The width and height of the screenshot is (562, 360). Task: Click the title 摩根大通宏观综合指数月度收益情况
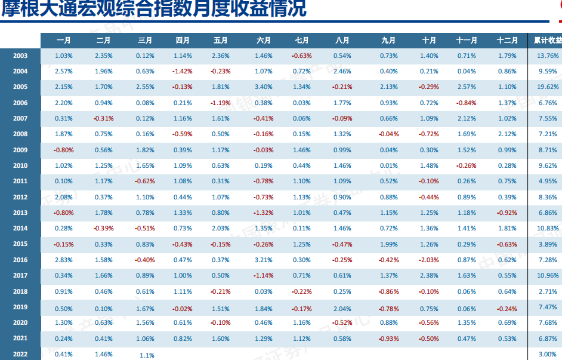(x=153, y=10)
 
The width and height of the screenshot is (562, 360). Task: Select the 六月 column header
(x=263, y=41)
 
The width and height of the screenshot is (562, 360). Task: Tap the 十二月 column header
(x=507, y=41)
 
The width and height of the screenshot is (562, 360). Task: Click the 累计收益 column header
(x=547, y=41)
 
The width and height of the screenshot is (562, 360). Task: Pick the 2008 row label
(x=20, y=134)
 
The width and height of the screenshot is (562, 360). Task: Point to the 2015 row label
(x=20, y=244)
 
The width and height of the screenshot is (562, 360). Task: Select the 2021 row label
(x=20, y=339)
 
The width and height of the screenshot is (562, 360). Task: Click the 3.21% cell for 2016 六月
(x=263, y=260)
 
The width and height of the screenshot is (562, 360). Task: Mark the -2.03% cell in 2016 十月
(x=428, y=260)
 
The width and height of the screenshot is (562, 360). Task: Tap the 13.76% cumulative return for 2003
(x=548, y=56)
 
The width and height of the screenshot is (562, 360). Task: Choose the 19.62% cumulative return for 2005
(x=548, y=87)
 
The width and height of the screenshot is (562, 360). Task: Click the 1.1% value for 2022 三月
(x=147, y=355)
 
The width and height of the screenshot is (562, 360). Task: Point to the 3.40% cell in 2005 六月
(x=263, y=87)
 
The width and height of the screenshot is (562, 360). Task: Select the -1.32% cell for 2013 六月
(x=263, y=213)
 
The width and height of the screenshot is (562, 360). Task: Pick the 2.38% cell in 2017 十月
(x=428, y=276)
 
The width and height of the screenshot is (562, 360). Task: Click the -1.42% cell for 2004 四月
(x=182, y=72)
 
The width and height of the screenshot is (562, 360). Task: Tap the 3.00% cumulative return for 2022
(x=548, y=355)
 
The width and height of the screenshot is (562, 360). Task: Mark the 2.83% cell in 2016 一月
(x=63, y=260)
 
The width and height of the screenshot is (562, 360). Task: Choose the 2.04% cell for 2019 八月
(x=342, y=307)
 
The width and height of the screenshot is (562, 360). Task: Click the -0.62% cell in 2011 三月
(x=144, y=181)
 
